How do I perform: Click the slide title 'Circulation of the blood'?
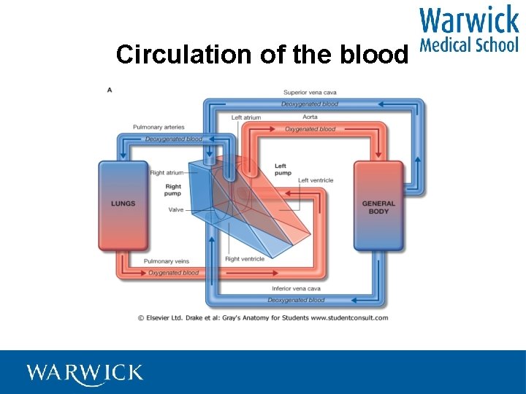(261, 55)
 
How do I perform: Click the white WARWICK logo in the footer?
(85, 373)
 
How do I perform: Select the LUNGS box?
(123, 204)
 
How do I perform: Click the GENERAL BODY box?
(378, 207)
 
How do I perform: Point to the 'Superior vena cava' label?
(310, 93)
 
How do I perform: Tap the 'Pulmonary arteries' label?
(159, 128)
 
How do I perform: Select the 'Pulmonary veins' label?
(167, 261)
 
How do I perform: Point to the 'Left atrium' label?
(246, 117)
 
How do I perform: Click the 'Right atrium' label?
(167, 173)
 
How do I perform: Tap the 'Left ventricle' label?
(316, 180)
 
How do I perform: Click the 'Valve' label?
(176, 209)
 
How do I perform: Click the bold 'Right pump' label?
(173, 190)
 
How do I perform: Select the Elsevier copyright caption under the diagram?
(263, 317)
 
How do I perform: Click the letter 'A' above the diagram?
(110, 90)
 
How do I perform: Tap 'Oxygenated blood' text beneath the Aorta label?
(310, 129)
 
